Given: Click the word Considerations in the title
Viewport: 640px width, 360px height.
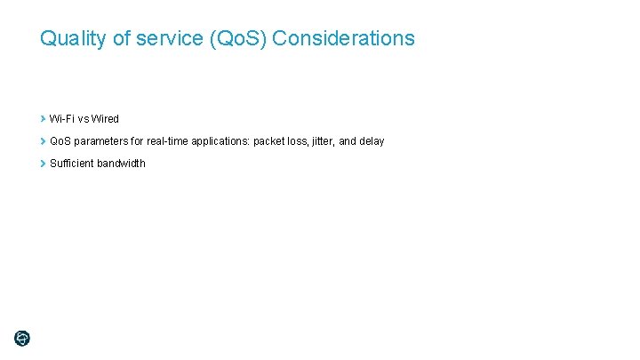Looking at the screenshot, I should click(344, 39).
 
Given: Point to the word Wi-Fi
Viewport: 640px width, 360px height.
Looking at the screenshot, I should click(62, 119).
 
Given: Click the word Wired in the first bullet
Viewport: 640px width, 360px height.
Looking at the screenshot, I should click(105, 119).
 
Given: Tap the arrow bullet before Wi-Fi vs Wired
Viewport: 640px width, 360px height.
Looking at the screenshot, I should click(43, 118).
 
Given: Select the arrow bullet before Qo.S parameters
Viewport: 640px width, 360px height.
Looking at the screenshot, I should click(43, 140).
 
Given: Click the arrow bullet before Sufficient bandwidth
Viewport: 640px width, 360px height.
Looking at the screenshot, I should click(43, 163).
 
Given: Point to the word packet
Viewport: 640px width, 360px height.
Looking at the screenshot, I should click(270, 141).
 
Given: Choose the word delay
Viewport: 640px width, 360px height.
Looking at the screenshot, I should click(372, 141).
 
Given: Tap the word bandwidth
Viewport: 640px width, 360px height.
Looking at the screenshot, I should click(122, 164).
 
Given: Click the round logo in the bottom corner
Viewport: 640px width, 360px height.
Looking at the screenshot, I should click(22, 338).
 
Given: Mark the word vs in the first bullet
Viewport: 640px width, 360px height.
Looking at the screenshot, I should click(84, 119).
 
